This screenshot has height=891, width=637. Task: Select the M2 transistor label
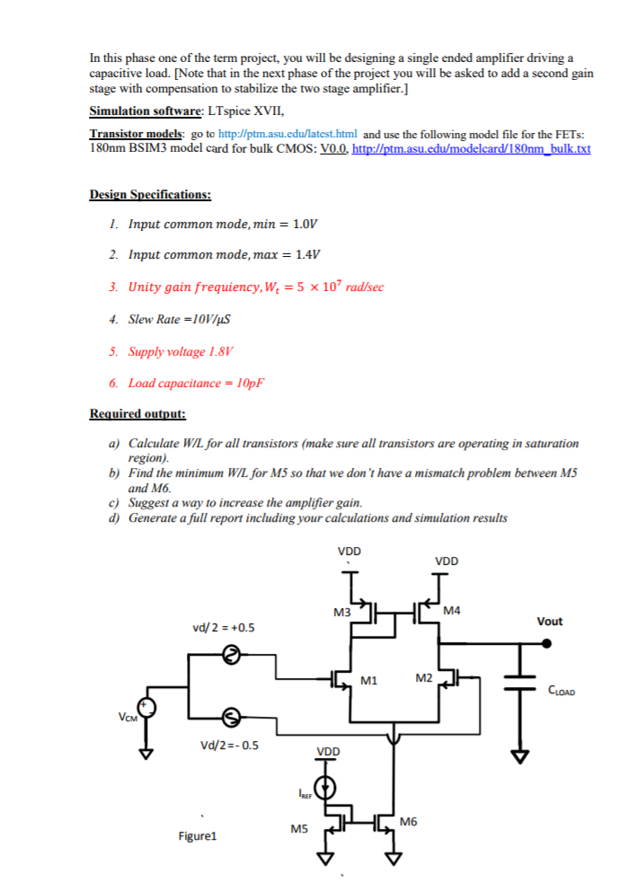[x=426, y=676]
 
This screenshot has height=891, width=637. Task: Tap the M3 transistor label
[x=341, y=613]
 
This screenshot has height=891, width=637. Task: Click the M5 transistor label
[x=299, y=831]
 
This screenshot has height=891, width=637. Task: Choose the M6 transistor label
[x=410, y=822]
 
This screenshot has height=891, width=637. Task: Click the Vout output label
[x=549, y=621]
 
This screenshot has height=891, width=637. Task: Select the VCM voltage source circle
[x=146, y=709]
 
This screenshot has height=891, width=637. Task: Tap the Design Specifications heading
[x=150, y=194]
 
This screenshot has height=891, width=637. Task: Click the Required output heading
[x=138, y=414]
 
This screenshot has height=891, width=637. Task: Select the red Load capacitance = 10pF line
[x=197, y=383]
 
